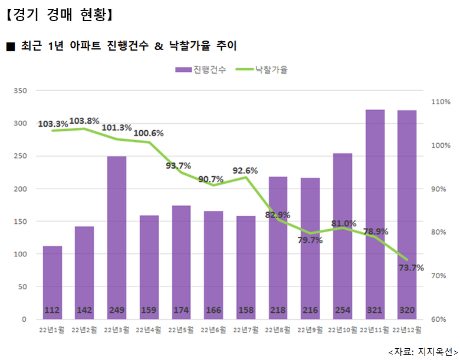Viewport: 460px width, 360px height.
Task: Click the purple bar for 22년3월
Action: (x=117, y=236)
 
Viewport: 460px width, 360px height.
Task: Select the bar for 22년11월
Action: (x=375, y=212)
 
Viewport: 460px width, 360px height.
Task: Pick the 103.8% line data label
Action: (x=85, y=121)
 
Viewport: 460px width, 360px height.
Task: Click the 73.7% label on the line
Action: (x=411, y=267)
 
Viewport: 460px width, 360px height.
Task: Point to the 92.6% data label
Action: (x=245, y=171)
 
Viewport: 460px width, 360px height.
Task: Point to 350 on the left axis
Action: (x=20, y=91)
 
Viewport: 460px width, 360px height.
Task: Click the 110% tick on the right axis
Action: (x=441, y=102)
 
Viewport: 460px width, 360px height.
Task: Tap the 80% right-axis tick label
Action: (x=441, y=233)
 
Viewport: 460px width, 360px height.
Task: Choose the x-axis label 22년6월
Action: (x=214, y=330)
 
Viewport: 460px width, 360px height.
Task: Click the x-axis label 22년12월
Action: (x=407, y=330)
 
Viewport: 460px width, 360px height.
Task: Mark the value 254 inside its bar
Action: (x=343, y=310)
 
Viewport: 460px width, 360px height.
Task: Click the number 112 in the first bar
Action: (x=52, y=310)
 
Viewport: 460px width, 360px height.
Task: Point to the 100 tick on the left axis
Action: (x=20, y=254)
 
